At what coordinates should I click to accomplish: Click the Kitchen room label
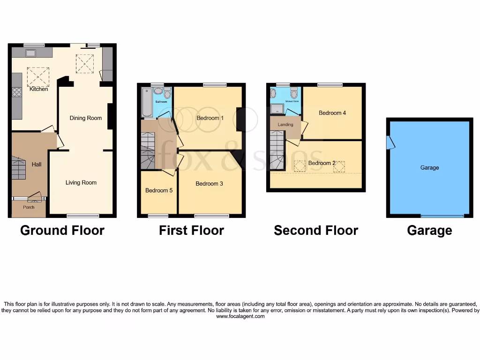39,89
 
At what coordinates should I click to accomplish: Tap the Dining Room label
86,118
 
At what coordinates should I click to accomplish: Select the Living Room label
81,183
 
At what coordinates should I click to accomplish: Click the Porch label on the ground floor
29,207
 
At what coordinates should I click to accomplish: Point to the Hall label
37,165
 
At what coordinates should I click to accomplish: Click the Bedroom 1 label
210,118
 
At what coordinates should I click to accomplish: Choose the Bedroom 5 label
159,191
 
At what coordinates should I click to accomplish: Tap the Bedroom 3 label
209,184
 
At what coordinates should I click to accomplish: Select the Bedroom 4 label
332,113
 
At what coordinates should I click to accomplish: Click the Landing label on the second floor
285,125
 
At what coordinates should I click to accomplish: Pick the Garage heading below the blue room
429,231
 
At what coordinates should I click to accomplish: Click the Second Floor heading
316,231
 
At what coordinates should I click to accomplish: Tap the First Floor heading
191,231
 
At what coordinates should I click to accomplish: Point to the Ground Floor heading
62,231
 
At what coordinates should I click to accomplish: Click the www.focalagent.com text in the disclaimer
240,316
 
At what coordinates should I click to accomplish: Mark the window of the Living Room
83,216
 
